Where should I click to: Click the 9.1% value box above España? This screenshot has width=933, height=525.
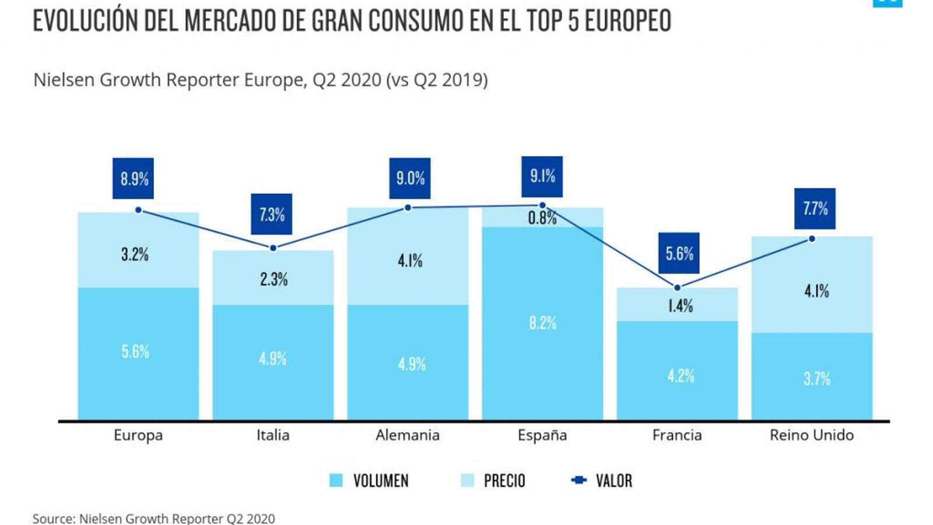pyautogui.click(x=542, y=176)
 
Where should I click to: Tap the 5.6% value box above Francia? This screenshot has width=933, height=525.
pyautogui.click(x=679, y=253)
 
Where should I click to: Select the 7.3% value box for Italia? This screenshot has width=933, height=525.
pyautogui.click(x=272, y=214)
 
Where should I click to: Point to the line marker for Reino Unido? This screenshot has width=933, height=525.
pyautogui.click(x=812, y=239)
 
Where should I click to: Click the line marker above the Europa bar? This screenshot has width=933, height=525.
pyautogui.click(x=138, y=210)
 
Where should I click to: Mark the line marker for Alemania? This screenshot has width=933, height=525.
pyautogui.click(x=408, y=208)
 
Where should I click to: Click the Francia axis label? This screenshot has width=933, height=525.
pyautogui.click(x=677, y=435)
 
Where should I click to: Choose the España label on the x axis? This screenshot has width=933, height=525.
pyautogui.click(x=542, y=435)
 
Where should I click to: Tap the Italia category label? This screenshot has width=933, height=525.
pyautogui.click(x=273, y=435)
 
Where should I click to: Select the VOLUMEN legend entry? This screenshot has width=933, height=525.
pyautogui.click(x=369, y=481)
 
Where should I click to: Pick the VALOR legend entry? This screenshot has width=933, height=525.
pyautogui.click(x=602, y=481)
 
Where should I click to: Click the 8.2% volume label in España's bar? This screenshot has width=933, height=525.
pyautogui.click(x=542, y=323)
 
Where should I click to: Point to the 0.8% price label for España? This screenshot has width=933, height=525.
pyautogui.click(x=542, y=218)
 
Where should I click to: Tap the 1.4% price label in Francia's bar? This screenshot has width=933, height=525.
pyautogui.click(x=680, y=306)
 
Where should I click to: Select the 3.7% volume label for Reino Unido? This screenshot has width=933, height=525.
pyautogui.click(x=816, y=379)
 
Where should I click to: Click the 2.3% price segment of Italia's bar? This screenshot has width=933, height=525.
pyautogui.click(x=273, y=278)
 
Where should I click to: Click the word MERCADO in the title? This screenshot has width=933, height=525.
pyautogui.click(x=245, y=21)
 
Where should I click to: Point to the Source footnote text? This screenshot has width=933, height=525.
pyautogui.click(x=153, y=518)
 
